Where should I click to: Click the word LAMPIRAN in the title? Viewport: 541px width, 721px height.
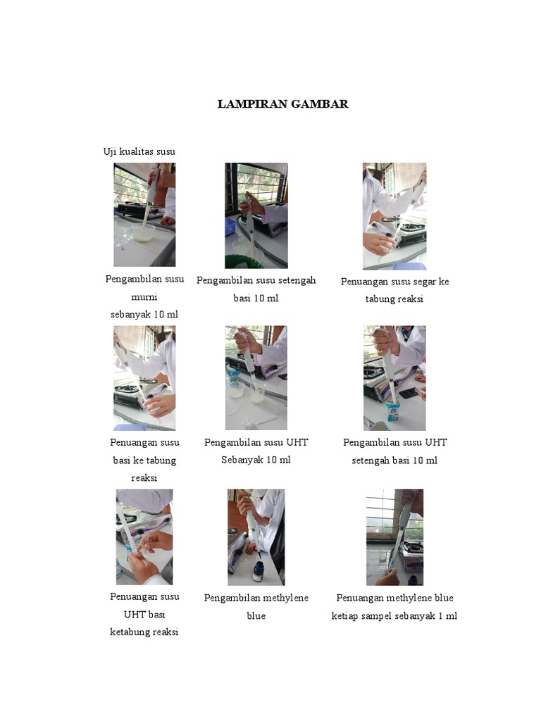coord(251,104)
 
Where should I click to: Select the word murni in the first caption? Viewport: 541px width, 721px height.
coord(144,296)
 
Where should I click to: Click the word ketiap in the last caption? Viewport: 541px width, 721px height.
coord(346,616)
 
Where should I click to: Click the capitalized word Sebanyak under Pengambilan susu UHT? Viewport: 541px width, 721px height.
coord(246,460)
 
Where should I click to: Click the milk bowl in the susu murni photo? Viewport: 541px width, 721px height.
coord(143,235)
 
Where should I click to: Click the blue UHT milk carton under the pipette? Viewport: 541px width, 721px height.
coord(392,413)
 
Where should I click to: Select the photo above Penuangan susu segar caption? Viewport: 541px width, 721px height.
coord(394,216)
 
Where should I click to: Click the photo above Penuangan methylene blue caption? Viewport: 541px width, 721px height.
coord(394,537)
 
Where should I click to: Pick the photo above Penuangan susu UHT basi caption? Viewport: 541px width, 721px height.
coord(144,537)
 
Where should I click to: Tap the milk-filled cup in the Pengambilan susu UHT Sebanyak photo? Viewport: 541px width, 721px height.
coord(257,397)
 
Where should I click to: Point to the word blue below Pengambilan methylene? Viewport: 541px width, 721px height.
coord(256,616)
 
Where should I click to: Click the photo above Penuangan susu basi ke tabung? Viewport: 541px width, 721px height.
coord(144,378)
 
